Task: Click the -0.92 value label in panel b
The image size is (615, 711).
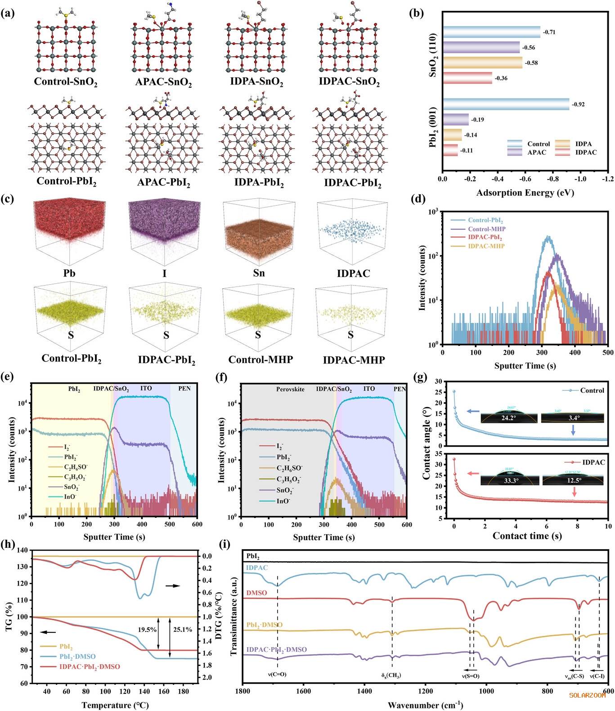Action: (x=578, y=104)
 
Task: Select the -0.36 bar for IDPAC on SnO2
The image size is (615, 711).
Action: (x=467, y=78)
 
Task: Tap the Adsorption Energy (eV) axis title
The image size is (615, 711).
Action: (x=525, y=193)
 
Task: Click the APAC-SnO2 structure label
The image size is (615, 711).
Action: (x=164, y=82)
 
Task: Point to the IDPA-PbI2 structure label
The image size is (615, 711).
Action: (x=259, y=182)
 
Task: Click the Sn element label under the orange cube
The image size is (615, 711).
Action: (x=259, y=273)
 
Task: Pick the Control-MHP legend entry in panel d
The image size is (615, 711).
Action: (x=486, y=229)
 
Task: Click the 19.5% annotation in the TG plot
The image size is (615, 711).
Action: (x=147, y=630)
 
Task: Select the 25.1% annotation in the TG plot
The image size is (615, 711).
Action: (x=183, y=630)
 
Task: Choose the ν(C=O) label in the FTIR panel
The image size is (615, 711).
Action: (x=277, y=675)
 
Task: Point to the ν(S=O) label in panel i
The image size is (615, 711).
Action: (x=471, y=676)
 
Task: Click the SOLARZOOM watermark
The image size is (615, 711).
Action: (x=587, y=695)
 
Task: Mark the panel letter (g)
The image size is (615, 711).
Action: (x=420, y=377)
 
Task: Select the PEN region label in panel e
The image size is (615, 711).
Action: (x=184, y=388)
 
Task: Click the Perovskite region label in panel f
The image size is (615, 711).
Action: (x=290, y=389)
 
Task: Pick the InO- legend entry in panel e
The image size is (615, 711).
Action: (x=70, y=496)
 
